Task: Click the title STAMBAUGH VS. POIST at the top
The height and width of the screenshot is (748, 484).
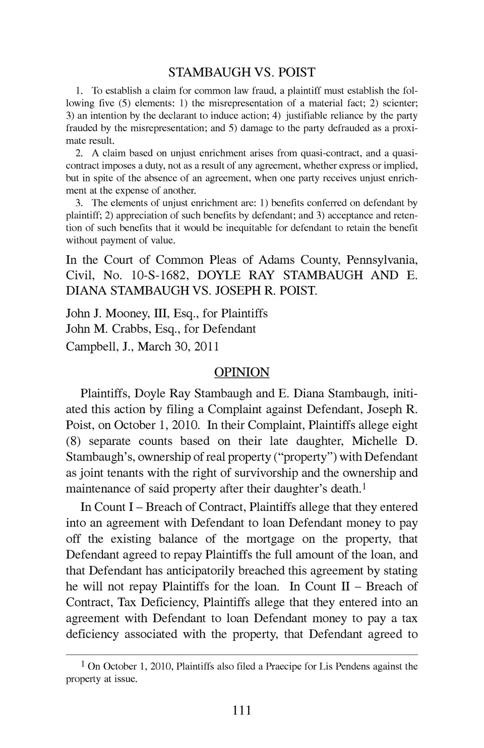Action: pos(241,72)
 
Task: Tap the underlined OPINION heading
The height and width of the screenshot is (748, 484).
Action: pos(241,372)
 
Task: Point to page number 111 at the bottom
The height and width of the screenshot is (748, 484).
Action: pos(241,711)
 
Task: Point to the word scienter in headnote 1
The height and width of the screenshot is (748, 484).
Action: pos(398,103)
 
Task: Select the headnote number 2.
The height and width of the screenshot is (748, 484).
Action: pos(79,153)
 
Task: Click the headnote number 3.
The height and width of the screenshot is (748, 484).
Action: pos(79,203)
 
